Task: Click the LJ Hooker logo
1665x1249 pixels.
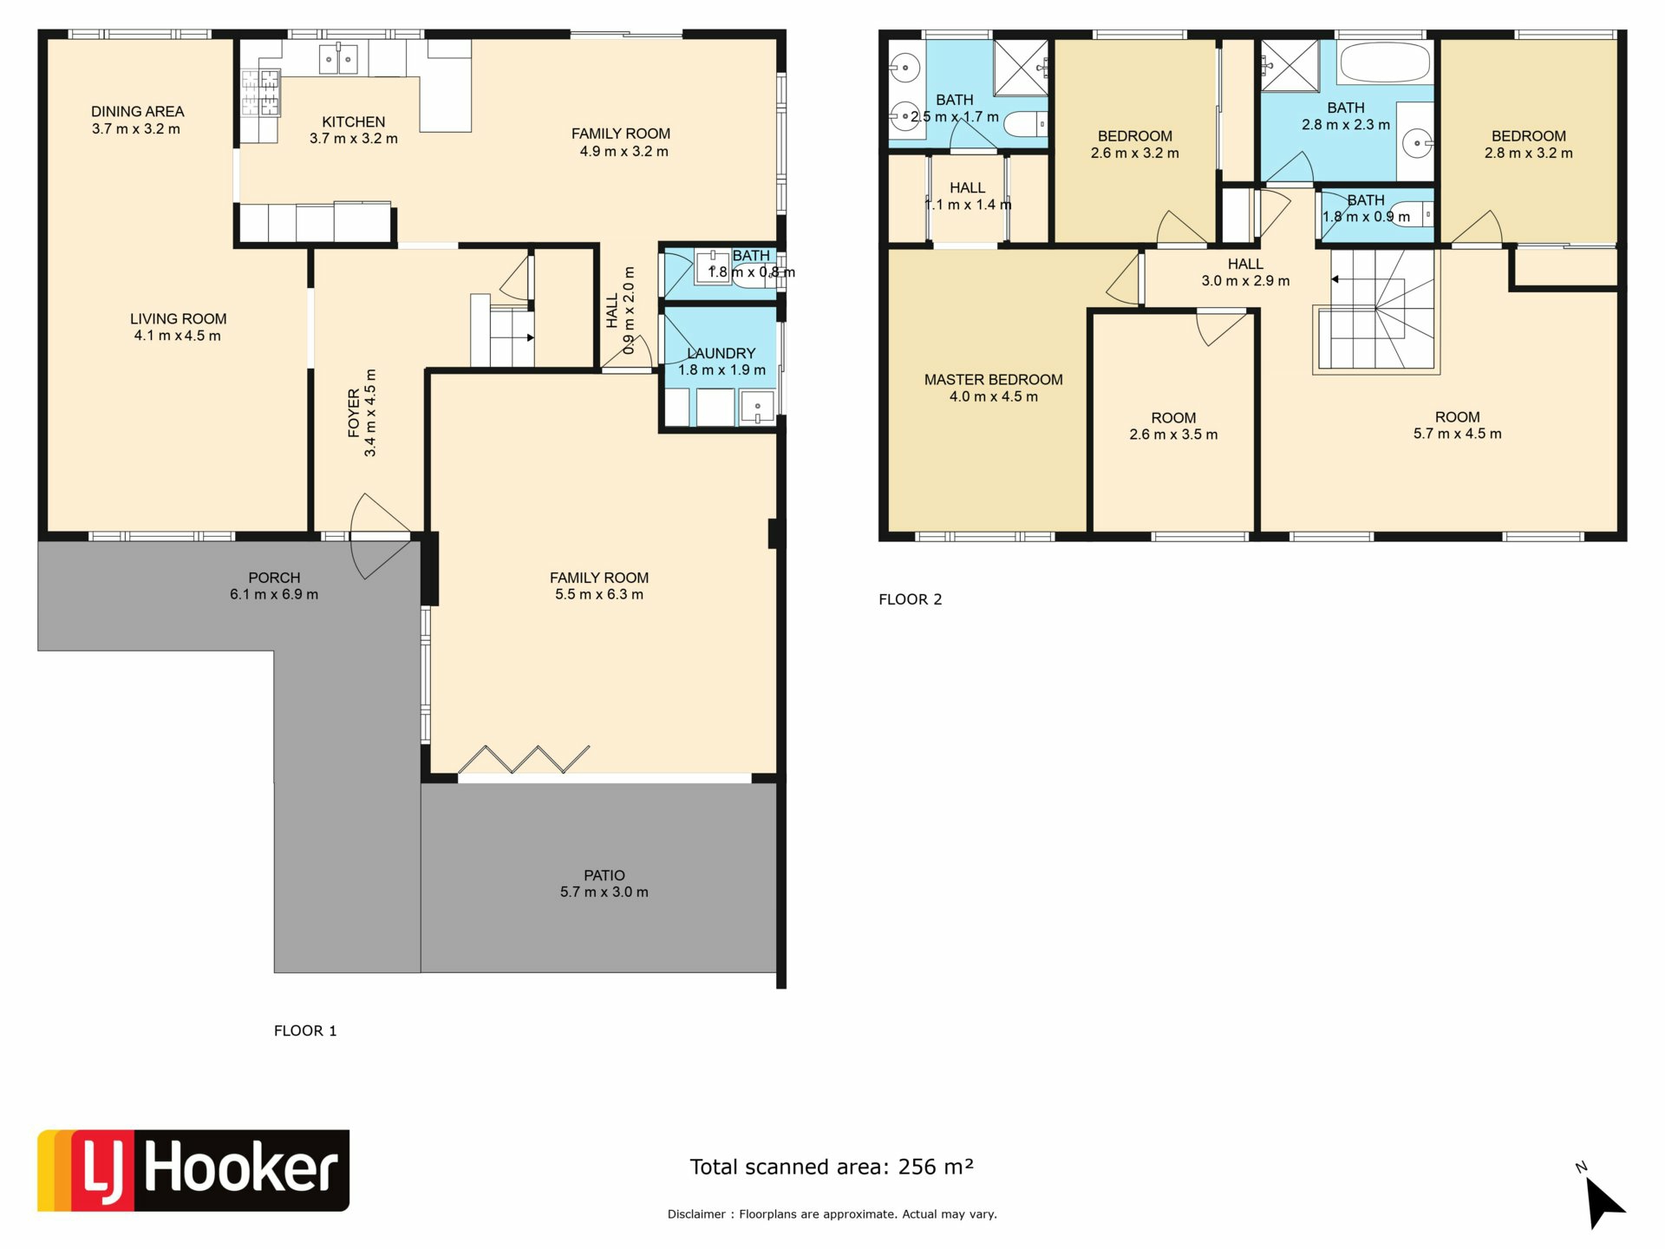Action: click(x=193, y=1170)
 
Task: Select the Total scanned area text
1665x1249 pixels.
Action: click(x=832, y=1167)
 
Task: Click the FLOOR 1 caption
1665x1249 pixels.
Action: click(x=305, y=1030)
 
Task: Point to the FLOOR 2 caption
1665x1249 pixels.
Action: click(x=910, y=599)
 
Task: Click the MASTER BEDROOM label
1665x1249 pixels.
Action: click(x=993, y=380)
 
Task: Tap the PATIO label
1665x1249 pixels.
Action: click(x=604, y=875)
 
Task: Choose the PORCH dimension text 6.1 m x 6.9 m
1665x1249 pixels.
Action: click(x=274, y=594)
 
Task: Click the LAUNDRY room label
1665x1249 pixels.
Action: click(x=721, y=353)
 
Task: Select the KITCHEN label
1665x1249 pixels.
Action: click(x=354, y=122)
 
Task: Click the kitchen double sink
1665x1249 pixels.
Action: click(x=338, y=60)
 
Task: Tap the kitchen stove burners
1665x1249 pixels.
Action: click(x=260, y=93)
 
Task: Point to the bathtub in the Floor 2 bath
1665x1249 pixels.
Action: click(x=1384, y=62)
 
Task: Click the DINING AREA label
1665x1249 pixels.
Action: click(x=138, y=111)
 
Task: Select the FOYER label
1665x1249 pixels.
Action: click(x=354, y=413)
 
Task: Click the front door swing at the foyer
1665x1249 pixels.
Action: click(x=379, y=536)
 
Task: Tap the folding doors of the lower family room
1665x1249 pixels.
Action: click(x=524, y=759)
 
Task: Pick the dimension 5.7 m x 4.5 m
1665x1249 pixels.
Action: click(x=1457, y=434)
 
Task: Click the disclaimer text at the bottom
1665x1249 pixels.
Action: click(x=832, y=1214)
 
